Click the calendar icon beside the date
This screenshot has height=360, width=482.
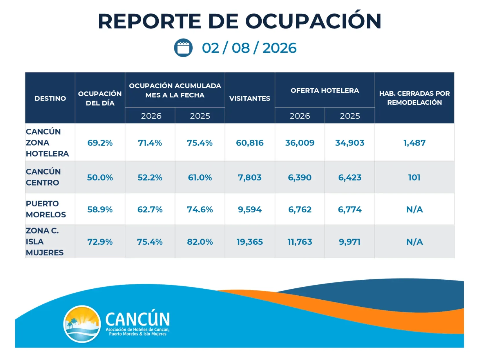(183, 48)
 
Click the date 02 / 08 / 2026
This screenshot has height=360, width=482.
(249, 48)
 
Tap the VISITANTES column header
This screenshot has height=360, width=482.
(250, 98)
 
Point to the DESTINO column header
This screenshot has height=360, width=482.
(50, 98)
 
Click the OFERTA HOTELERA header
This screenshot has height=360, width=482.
(325, 90)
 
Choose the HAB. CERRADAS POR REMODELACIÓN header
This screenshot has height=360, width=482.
(414, 98)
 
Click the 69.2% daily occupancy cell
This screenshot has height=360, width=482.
(100, 143)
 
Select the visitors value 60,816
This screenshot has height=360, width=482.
(250, 143)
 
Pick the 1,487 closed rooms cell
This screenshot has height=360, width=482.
(414, 143)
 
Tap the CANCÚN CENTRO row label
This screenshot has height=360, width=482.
(43, 177)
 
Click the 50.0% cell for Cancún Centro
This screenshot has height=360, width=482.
(100, 177)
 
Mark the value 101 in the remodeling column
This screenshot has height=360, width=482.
(414, 177)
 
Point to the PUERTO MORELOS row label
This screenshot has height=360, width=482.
(46, 209)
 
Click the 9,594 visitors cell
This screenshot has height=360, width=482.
(250, 210)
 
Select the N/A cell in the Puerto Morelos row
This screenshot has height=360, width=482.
(414, 210)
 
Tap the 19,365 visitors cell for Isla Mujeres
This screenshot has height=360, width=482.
(250, 242)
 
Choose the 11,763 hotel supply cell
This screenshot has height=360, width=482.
(300, 242)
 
